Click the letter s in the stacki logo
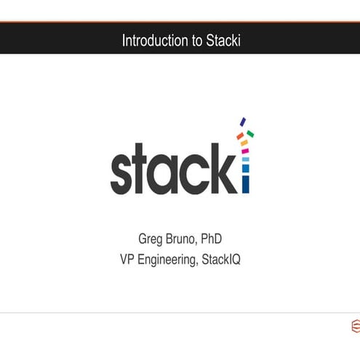(x=123, y=172)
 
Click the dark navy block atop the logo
(x=243, y=122)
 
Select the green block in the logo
(x=250, y=134)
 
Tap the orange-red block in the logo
(x=240, y=136)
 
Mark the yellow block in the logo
(x=244, y=143)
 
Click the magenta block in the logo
(x=245, y=151)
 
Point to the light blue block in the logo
(x=245, y=159)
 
